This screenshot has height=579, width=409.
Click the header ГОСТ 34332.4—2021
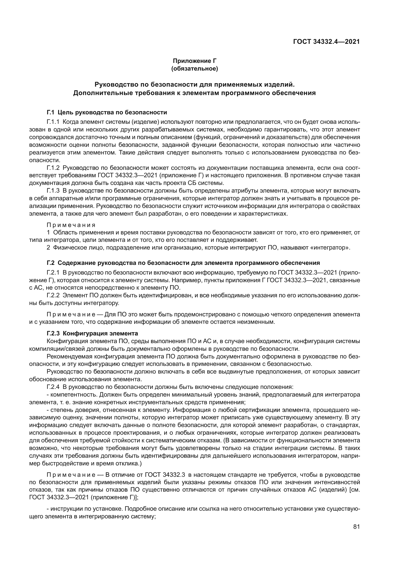326,42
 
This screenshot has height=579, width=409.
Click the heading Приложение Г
194,61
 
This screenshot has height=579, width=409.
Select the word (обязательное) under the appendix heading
194,68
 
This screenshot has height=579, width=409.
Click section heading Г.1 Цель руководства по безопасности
107,112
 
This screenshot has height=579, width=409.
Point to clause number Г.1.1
53,122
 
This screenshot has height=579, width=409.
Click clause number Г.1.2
53,168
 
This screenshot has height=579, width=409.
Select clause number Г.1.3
53,190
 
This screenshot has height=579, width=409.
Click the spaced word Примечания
71,225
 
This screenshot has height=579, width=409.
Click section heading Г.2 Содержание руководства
183,263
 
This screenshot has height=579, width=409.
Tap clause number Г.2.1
53,273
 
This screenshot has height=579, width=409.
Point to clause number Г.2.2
53,295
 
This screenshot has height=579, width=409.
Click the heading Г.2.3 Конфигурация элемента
92,333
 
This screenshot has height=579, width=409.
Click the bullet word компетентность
68,394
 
